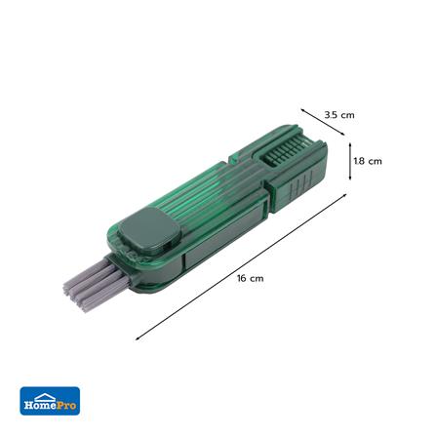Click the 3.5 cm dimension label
pos(339,115)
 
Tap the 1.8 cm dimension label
pos(368,161)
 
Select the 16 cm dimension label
pos(250,278)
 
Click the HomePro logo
pos(50,401)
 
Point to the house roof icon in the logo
pos(45,396)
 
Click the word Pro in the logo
pos(67,405)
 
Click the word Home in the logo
pos(41,405)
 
